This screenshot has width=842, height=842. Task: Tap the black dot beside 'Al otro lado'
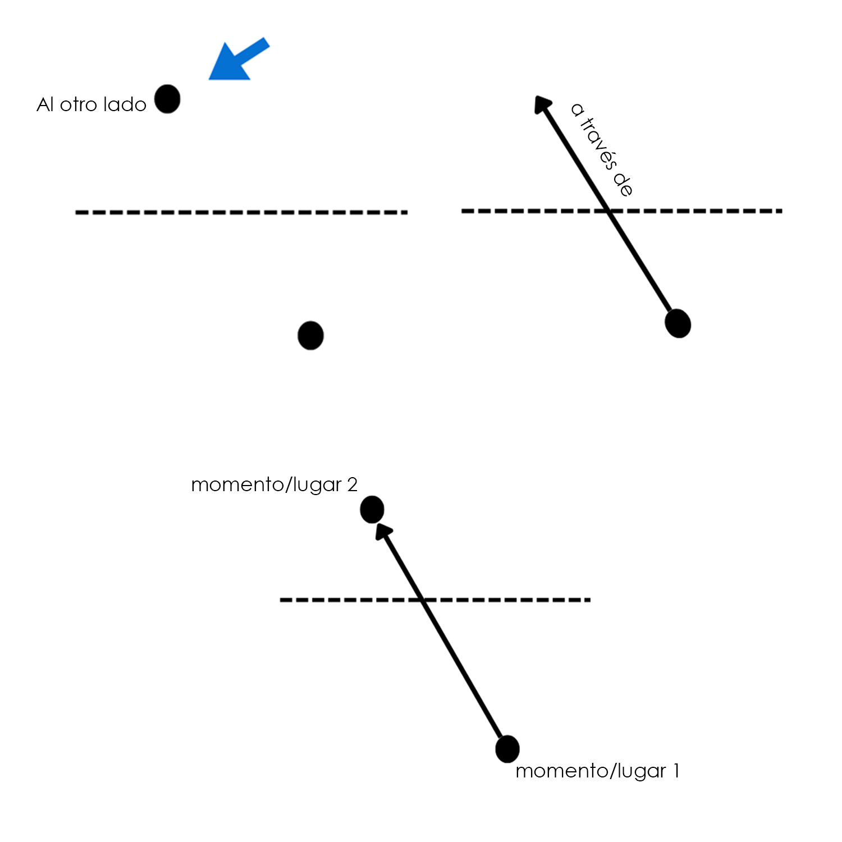point(167,99)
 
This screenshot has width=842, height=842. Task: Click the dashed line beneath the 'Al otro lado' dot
point(241,212)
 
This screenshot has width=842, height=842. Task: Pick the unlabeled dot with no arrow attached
point(310,336)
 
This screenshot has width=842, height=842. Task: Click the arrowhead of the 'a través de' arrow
point(541,104)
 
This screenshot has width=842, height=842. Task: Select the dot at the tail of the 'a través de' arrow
point(678,323)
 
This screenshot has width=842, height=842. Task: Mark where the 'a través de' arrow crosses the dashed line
point(610,211)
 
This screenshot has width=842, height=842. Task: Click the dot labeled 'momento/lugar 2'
point(372,510)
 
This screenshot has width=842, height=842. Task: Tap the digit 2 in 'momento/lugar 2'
point(352,484)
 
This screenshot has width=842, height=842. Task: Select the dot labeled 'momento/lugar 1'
point(507,749)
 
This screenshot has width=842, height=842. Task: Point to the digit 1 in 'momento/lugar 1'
point(676,771)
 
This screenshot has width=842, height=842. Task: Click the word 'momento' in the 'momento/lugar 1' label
point(560,771)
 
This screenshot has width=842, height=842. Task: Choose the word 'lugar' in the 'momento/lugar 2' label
point(316,486)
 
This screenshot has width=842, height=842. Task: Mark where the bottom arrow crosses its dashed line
point(424,600)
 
